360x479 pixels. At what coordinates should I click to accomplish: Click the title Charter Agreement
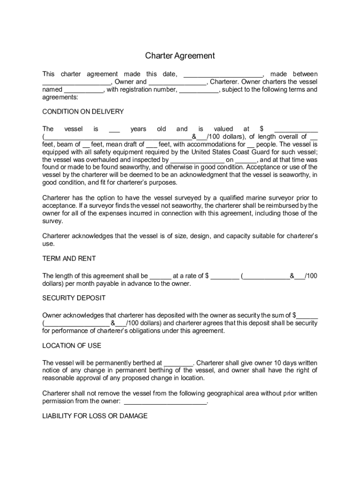(180, 56)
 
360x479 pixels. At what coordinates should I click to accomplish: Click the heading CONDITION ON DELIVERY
(83, 112)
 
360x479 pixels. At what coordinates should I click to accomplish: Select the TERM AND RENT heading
(69, 258)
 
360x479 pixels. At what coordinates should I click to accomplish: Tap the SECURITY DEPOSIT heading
(74, 298)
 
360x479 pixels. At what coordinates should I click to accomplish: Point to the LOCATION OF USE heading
(72, 346)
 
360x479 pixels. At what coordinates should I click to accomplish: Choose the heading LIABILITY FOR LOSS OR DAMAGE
(95, 416)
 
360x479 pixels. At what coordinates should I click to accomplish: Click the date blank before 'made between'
(223, 74)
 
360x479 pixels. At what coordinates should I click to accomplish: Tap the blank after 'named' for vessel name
(84, 90)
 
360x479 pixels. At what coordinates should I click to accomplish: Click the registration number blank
(198, 90)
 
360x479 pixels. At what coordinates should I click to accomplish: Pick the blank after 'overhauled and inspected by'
(197, 160)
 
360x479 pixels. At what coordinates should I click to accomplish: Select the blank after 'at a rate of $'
(225, 276)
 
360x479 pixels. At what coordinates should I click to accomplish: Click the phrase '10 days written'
(294, 363)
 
